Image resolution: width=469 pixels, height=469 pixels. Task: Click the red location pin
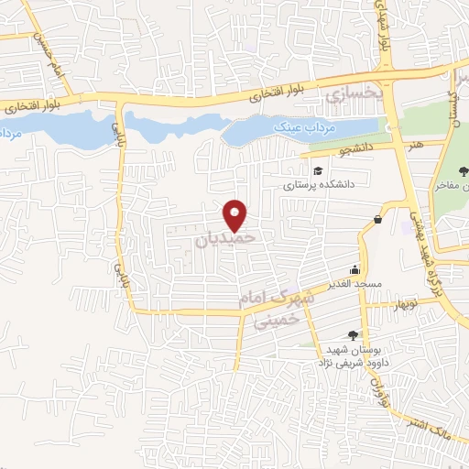[x=235, y=215]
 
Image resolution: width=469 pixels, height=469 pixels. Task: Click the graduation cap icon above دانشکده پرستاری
[x=318, y=170]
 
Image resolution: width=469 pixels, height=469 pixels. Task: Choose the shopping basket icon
[x=378, y=218]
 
